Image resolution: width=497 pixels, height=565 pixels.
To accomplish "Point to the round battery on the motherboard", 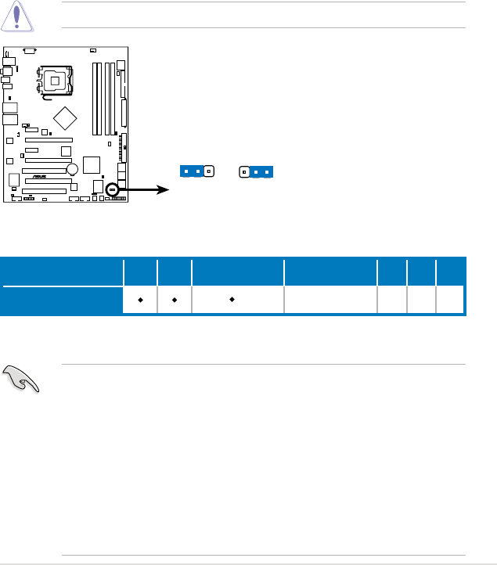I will tap(72, 169).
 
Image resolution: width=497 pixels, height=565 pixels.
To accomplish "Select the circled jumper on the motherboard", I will tap(113, 189).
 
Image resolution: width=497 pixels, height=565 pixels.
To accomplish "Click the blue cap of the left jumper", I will tap(192, 171).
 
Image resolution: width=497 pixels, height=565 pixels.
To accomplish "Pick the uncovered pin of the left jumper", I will tap(208, 171).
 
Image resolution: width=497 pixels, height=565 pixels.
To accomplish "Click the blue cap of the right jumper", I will tap(261, 171).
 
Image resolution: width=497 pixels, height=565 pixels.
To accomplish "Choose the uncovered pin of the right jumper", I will tap(244, 171).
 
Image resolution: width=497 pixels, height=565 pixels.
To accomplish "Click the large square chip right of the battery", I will tap(92, 165).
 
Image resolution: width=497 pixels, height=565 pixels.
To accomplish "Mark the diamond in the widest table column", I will tap(232, 299).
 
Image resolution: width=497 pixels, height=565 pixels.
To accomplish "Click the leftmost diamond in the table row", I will tap(139, 299).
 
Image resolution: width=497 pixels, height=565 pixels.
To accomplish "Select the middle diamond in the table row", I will tap(174, 299).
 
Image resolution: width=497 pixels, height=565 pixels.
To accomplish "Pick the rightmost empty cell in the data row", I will tap(449, 299).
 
